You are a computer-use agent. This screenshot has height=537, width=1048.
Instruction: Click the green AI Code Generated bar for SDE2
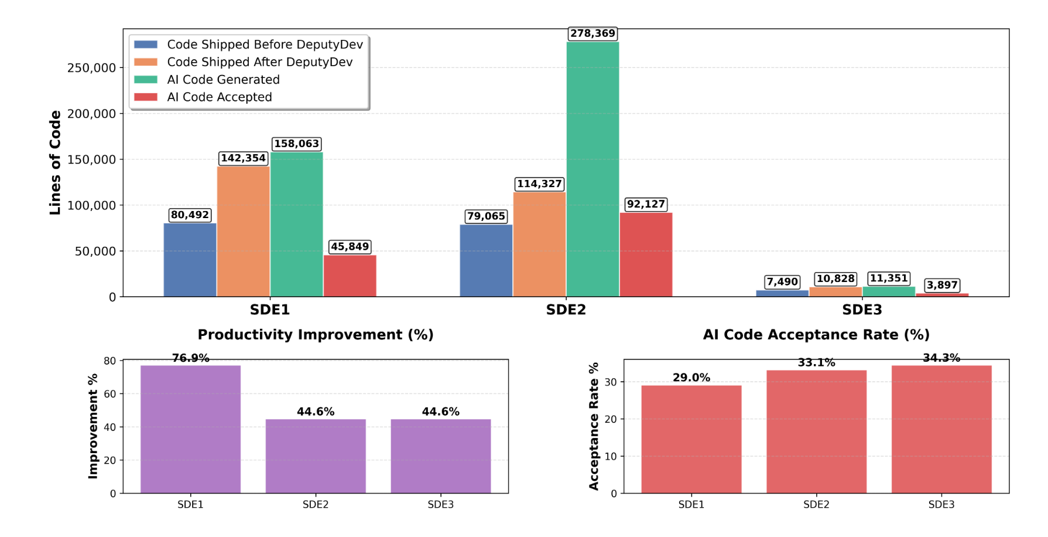pos(593,170)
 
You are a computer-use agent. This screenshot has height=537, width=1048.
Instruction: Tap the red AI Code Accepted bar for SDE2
pos(646,254)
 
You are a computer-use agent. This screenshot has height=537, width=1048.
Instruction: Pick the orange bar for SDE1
pos(243,232)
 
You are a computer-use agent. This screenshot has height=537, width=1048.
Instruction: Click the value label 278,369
pos(593,33)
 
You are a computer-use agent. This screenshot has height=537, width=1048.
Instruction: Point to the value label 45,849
pos(350,247)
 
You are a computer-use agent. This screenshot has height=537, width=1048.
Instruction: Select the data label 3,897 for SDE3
pos(941,286)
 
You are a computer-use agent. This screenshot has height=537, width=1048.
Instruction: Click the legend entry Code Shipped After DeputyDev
pos(259,62)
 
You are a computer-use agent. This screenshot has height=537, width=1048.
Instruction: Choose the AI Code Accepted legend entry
pos(219,97)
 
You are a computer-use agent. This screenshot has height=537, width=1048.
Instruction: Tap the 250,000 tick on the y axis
pos(91,68)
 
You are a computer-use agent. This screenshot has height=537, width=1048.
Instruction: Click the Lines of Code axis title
pos(55,162)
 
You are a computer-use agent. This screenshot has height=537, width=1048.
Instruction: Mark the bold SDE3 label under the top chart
pos(862,310)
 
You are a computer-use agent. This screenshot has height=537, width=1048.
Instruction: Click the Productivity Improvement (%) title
pos(316,335)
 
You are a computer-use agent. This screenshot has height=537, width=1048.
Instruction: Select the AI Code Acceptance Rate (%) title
pos(816,335)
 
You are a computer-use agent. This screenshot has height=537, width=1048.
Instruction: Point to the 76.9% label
pos(190,358)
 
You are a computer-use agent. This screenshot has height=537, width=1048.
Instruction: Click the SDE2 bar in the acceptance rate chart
pos(816,431)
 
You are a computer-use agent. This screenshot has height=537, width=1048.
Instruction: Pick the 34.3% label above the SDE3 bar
pos(941,358)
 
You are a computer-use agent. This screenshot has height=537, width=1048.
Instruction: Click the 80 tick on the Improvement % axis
pos(110,361)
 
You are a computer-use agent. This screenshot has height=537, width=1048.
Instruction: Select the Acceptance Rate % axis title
pos(594,426)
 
